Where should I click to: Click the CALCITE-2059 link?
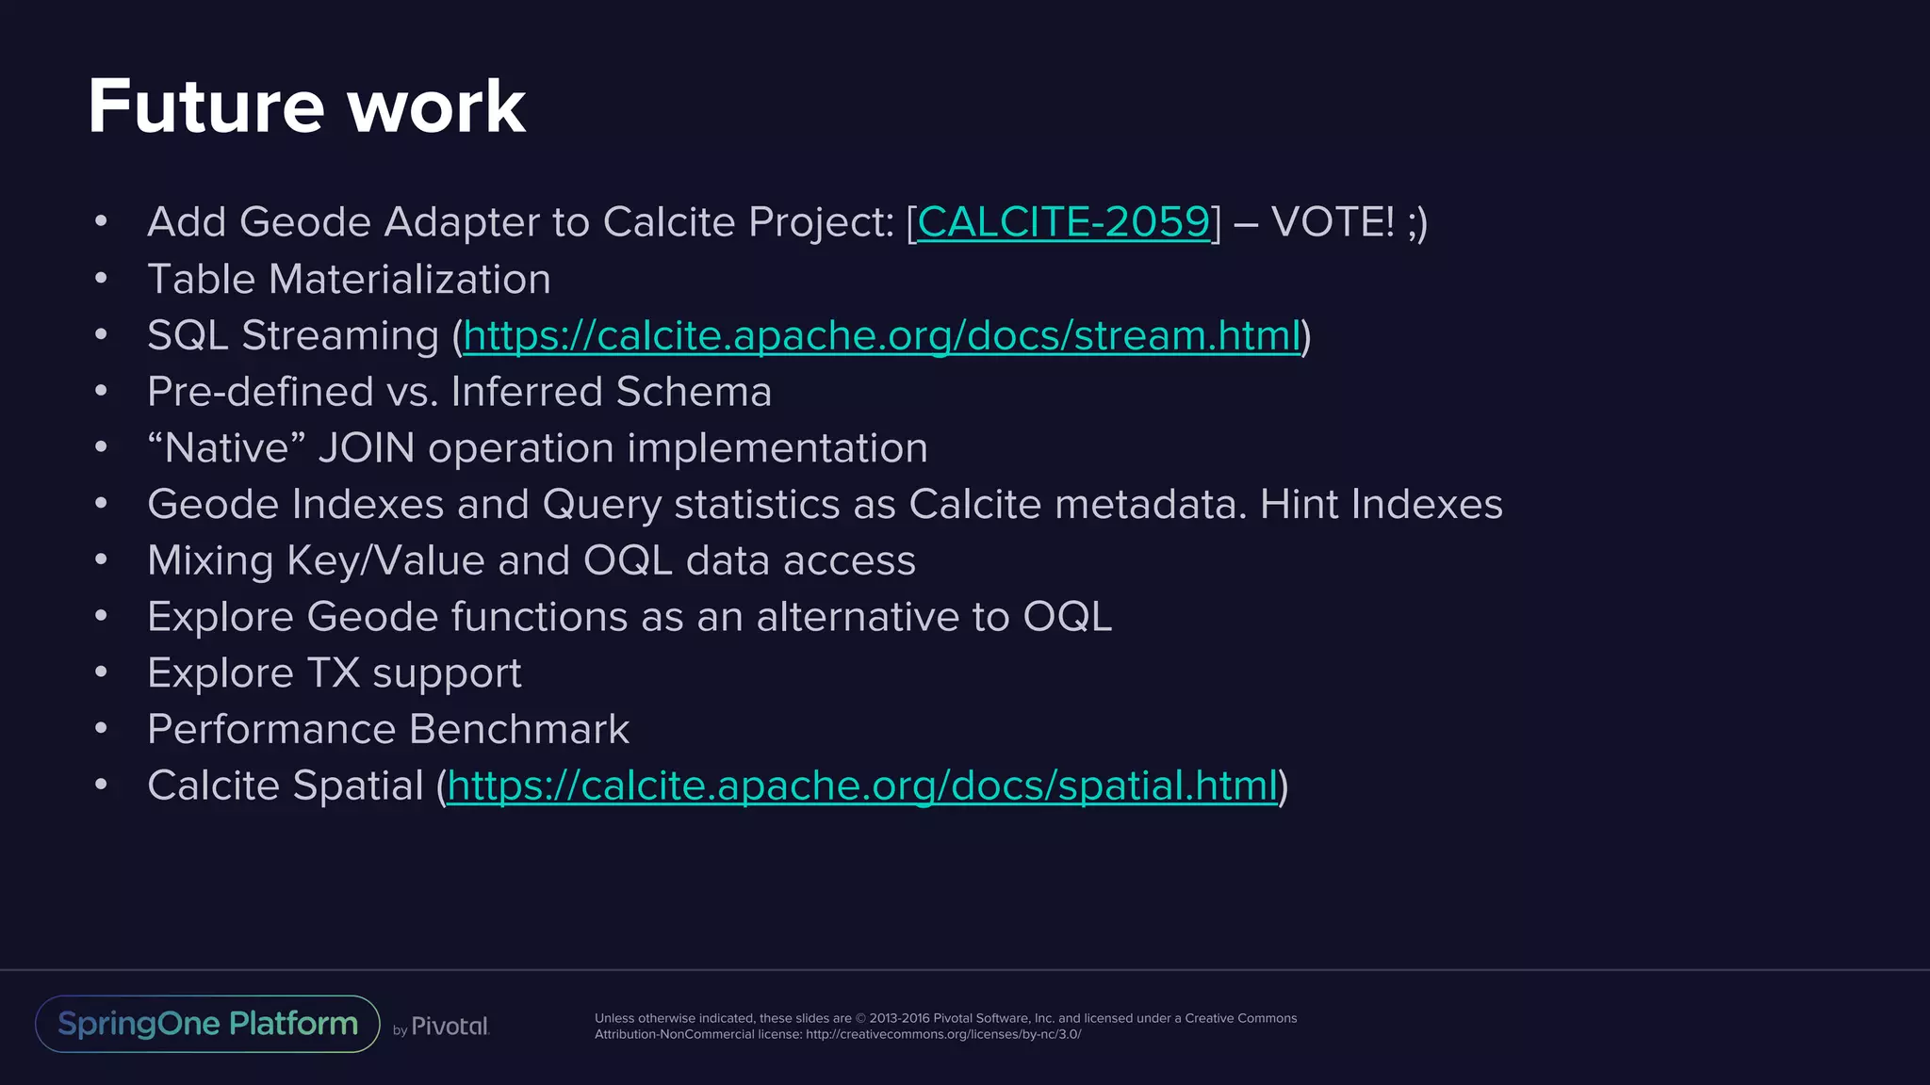coord(1063,222)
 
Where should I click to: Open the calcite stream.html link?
coord(881,335)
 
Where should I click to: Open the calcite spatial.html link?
coord(862,785)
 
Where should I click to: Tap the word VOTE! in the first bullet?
coord(1332,222)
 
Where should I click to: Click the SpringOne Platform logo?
coord(207,1024)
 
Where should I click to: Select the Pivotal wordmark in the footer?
coord(450,1027)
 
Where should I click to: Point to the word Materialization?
coord(409,280)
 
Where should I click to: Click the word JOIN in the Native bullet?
coord(367,448)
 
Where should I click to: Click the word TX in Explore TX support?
coord(334,673)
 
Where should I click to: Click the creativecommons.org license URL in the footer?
coord(943,1034)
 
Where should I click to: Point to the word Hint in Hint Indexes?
coord(1299,504)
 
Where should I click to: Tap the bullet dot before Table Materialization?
coord(101,279)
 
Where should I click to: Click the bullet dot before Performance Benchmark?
coord(101,728)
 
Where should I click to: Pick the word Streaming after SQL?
coord(340,336)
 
